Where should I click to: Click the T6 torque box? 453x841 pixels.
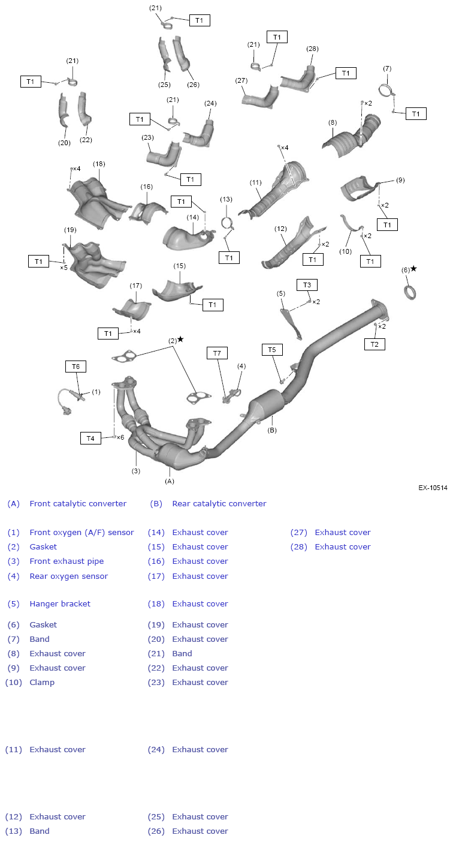point(75,367)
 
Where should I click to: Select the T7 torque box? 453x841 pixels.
point(217,353)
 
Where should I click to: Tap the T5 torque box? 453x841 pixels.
point(272,350)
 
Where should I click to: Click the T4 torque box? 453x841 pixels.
point(90,438)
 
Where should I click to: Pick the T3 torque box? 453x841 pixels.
point(307,284)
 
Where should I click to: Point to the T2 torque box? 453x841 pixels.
point(375,344)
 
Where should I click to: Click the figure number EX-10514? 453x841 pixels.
point(433,488)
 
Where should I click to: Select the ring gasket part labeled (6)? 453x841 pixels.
point(409,293)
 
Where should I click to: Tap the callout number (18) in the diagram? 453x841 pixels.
point(99,164)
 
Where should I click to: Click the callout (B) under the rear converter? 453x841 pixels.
point(272,430)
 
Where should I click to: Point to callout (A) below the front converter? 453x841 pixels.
point(170,480)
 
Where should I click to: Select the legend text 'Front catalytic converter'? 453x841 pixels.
point(78,504)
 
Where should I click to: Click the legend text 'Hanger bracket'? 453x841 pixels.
point(60,604)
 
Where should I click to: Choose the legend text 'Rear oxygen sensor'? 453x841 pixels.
point(69,576)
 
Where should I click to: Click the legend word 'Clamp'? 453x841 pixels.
point(42,683)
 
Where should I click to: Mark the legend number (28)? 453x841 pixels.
point(299,547)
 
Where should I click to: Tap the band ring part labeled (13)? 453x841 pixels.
point(228,223)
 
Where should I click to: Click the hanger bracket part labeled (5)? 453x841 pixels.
point(292,322)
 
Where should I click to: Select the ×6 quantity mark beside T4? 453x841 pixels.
point(120,437)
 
